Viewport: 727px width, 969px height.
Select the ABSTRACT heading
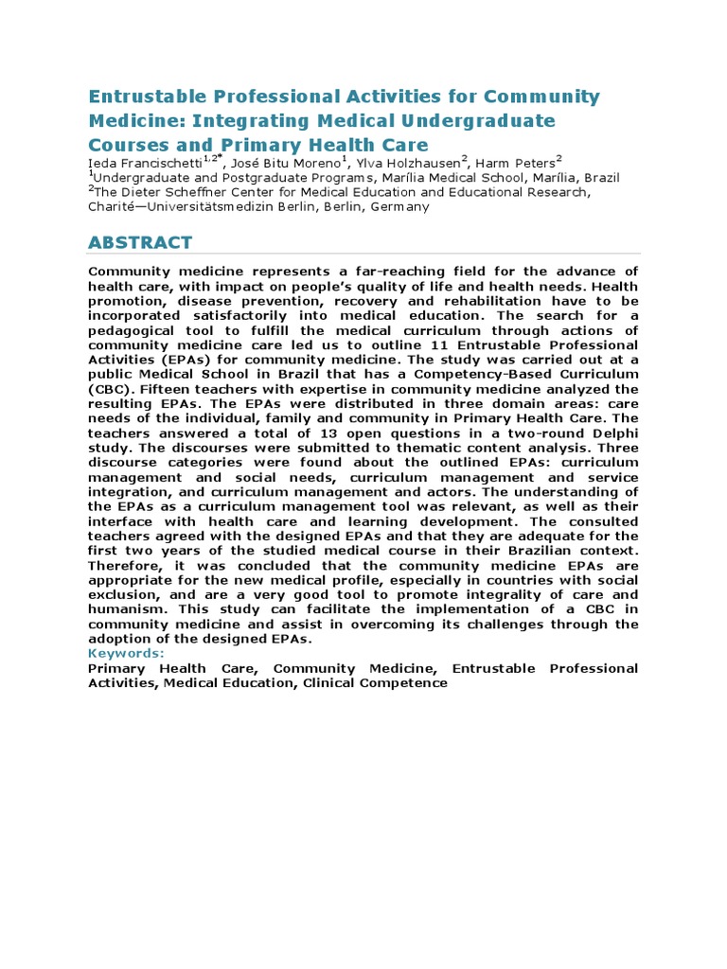point(140,242)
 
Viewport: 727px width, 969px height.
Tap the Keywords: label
point(126,653)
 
